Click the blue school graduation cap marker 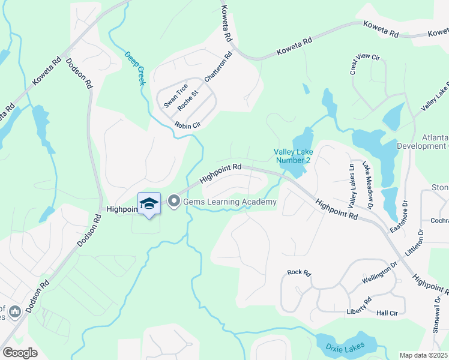pos(149,203)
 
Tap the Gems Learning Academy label pos(230,202)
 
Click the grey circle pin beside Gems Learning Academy pos(174,202)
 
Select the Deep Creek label pos(134,68)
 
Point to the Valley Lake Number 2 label pos(293,155)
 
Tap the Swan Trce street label pos(176,95)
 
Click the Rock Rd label pos(299,272)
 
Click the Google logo pos(20,353)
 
